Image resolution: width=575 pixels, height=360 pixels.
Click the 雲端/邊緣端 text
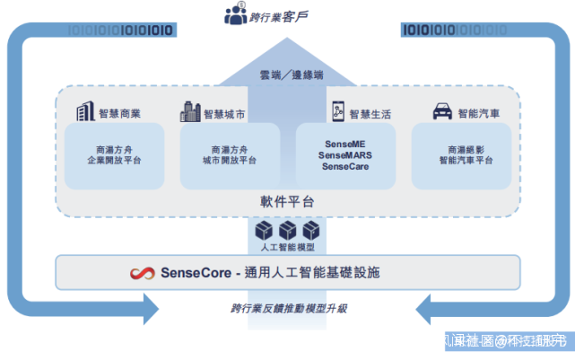(x=287, y=75)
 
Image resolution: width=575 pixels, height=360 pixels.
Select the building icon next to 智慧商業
(x=85, y=111)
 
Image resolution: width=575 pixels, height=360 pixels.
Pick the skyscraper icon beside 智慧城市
(x=189, y=111)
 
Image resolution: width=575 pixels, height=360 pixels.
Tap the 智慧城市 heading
(x=224, y=114)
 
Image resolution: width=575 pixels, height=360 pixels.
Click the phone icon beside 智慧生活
(x=337, y=111)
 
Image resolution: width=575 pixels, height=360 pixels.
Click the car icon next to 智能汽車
(x=442, y=112)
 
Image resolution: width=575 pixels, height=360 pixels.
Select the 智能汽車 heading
(x=480, y=114)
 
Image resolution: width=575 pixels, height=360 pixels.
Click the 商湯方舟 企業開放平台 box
(x=114, y=155)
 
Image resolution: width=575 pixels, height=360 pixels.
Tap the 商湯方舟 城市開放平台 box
(x=230, y=155)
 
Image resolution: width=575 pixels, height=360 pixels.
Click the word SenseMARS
(x=345, y=155)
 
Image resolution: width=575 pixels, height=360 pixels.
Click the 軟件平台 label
(x=287, y=202)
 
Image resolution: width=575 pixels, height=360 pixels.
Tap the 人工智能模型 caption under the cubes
(x=287, y=246)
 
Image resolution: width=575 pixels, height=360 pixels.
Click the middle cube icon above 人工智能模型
(x=288, y=230)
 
